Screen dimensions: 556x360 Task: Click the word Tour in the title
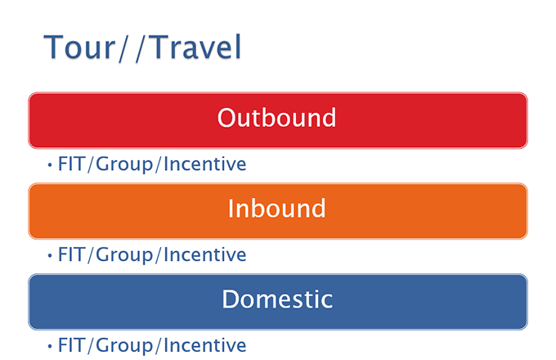tap(79, 47)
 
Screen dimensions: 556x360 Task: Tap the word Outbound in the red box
tap(276, 117)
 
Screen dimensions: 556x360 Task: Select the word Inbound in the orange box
tap(276, 208)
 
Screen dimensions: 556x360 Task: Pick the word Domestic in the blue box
tap(277, 299)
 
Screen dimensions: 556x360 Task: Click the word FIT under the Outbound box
tap(72, 164)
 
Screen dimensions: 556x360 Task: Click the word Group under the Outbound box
tap(124, 165)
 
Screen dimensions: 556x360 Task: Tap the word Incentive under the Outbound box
tap(205, 164)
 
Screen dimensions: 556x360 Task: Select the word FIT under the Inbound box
tap(72, 254)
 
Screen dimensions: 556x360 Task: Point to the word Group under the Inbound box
tap(124, 256)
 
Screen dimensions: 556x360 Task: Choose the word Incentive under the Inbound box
tap(205, 254)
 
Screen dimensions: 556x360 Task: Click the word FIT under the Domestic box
tap(72, 345)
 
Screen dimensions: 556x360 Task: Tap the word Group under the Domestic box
tap(124, 347)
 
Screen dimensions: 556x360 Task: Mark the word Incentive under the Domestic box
tap(205, 345)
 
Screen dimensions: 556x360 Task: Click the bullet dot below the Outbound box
tap(50, 164)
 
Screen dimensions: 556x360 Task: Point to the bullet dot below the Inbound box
tap(50, 255)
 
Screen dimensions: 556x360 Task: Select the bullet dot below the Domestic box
tap(50, 346)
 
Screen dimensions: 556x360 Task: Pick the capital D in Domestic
tap(231, 299)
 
